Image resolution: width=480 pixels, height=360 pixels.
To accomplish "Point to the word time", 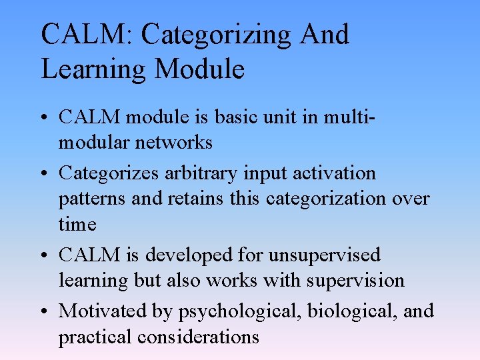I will [x=77, y=224].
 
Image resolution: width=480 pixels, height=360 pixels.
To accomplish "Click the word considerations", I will [x=198, y=337].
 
